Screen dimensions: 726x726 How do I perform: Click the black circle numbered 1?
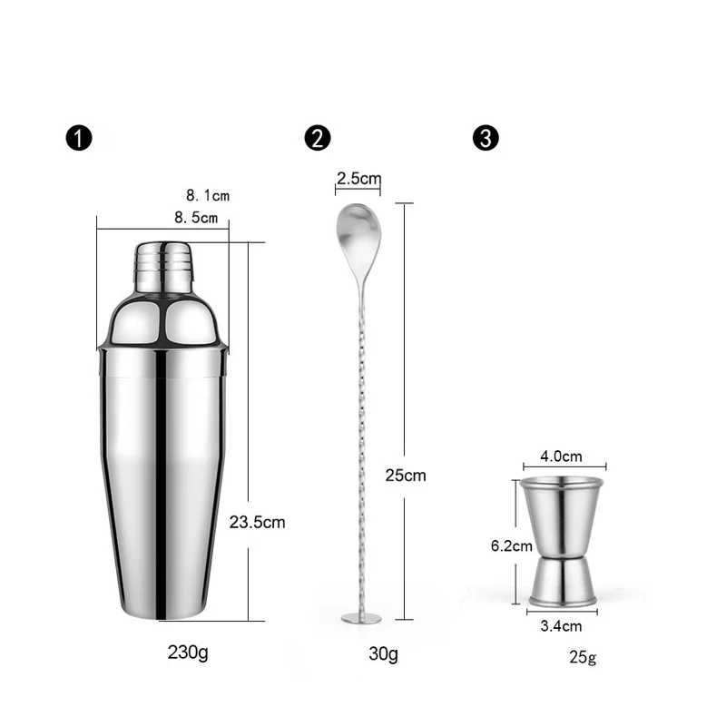(x=80, y=139)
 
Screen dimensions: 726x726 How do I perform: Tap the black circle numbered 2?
(x=319, y=139)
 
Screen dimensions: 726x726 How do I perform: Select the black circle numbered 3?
(x=486, y=139)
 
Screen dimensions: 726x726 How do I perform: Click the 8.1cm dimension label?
(x=208, y=195)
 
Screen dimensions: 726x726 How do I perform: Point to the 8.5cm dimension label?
(x=197, y=218)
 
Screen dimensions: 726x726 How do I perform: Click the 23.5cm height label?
(x=258, y=522)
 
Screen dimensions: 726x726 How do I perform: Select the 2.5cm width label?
(x=358, y=178)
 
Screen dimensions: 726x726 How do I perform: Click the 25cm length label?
(x=405, y=475)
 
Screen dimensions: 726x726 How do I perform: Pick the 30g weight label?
(x=383, y=652)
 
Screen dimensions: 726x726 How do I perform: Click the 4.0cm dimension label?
(x=560, y=456)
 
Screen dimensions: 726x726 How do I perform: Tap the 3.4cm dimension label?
(x=559, y=625)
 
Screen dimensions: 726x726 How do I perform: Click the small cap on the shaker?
(x=165, y=264)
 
